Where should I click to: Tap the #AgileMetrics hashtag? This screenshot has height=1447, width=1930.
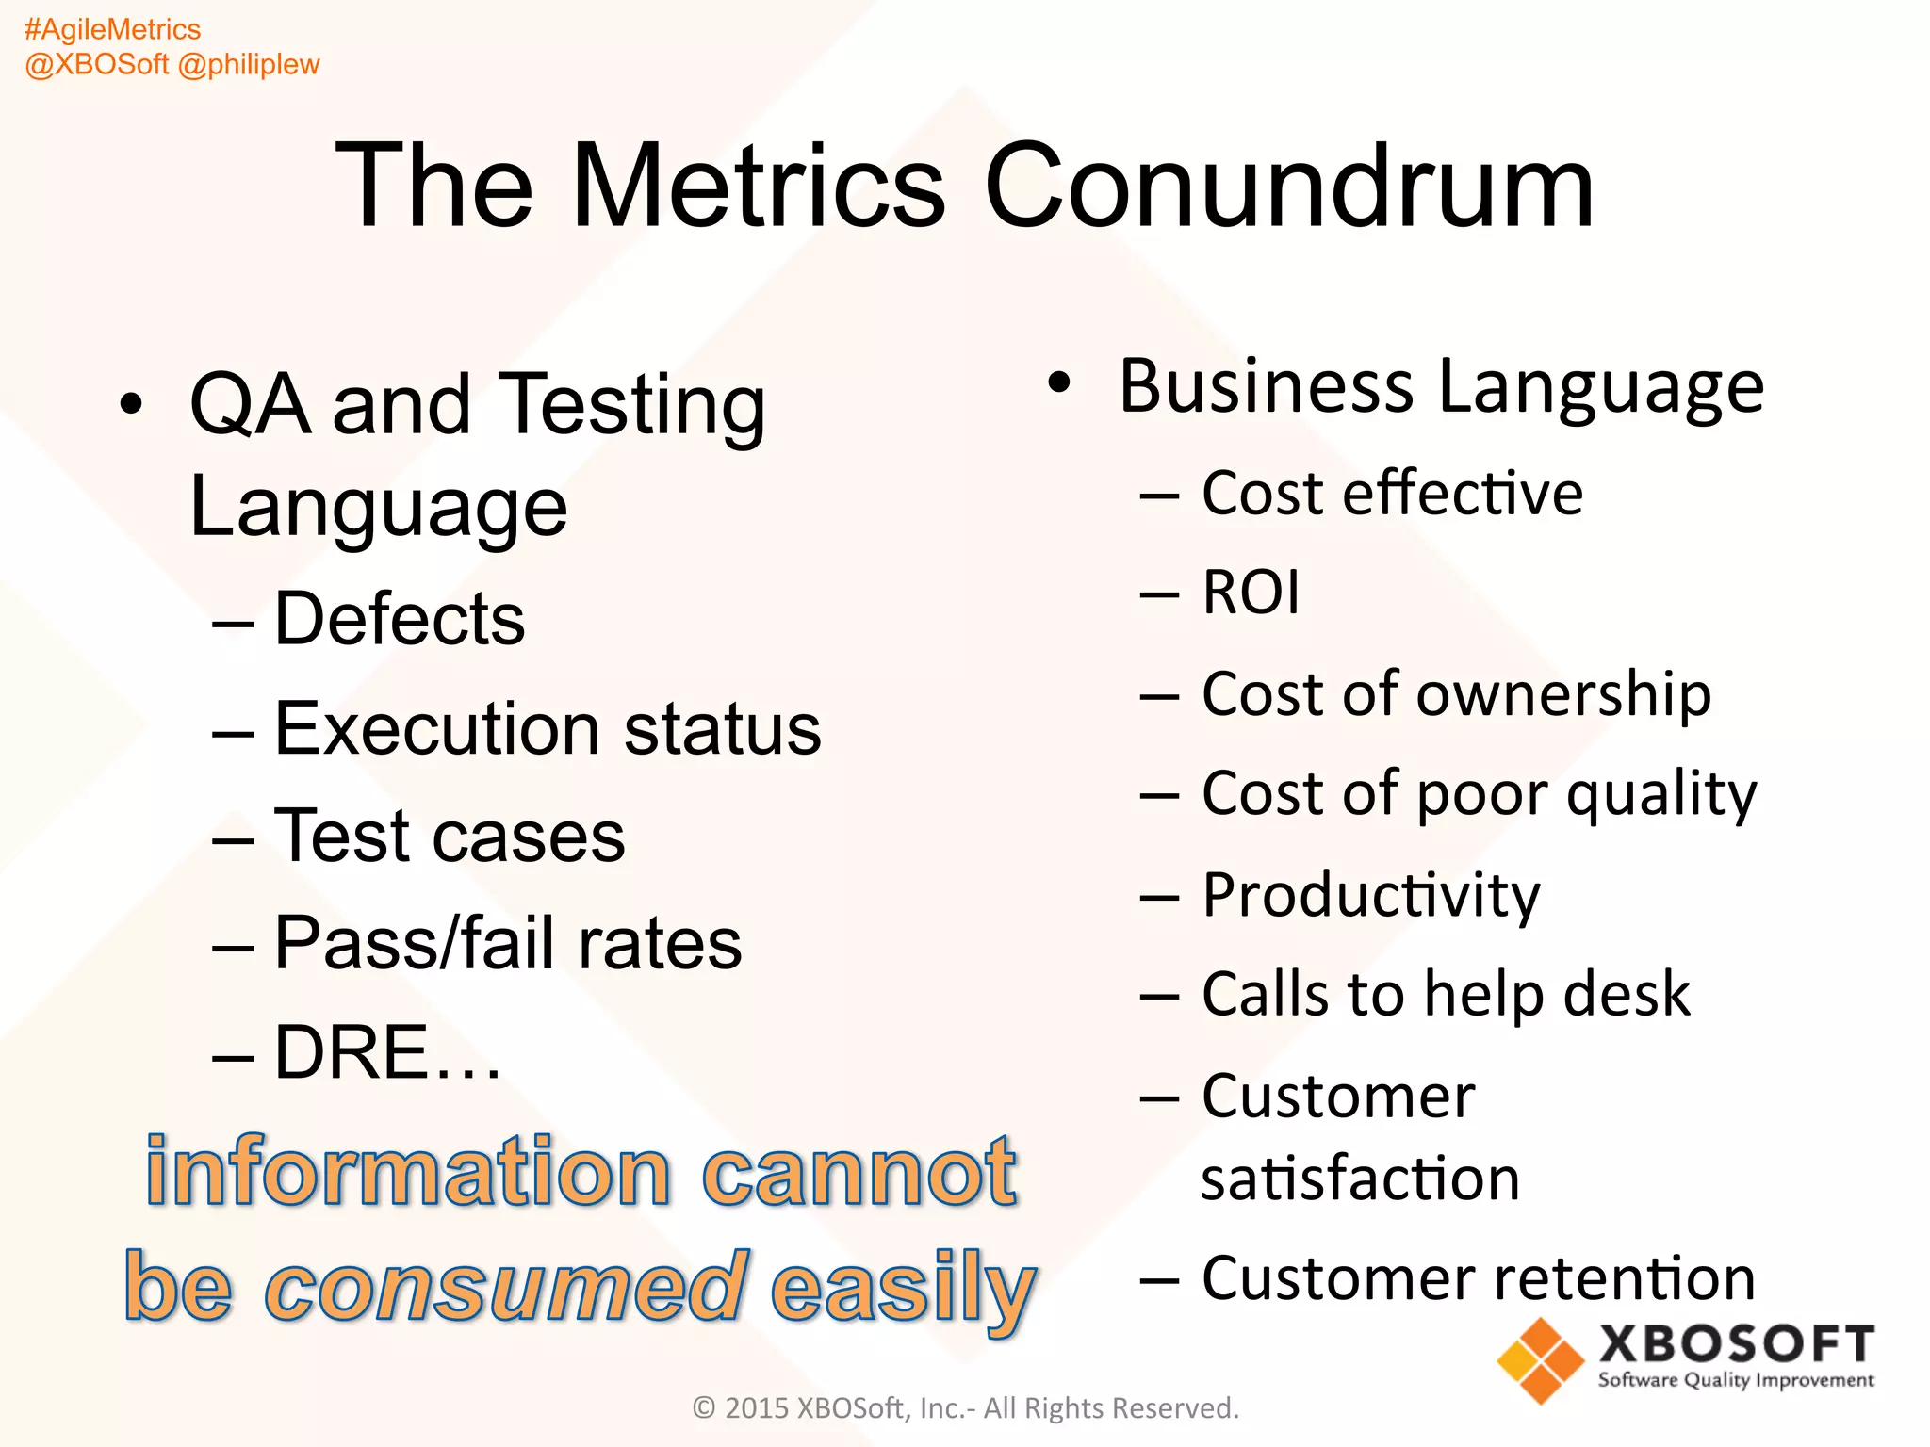[x=112, y=29]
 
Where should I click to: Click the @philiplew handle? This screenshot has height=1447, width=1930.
[x=249, y=64]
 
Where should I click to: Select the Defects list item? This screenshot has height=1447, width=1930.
[x=399, y=619]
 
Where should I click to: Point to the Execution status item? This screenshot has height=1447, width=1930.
[x=547, y=728]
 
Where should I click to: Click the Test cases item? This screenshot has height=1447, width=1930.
[x=449, y=836]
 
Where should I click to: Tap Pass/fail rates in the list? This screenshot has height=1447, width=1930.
[x=507, y=943]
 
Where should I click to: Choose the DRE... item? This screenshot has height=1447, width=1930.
[x=386, y=1052]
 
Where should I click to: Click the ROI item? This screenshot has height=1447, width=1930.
[x=1251, y=593]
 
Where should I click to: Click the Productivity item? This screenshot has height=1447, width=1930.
[x=1371, y=895]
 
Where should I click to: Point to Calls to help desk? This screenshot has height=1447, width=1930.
[x=1446, y=995]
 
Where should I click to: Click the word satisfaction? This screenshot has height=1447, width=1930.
[x=1360, y=1179]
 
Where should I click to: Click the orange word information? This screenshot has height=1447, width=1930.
[x=408, y=1172]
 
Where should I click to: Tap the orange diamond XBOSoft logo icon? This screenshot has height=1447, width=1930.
[x=1540, y=1360]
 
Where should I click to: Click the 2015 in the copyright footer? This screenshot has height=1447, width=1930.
[x=756, y=1407]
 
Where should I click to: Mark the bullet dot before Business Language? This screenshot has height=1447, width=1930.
[x=1060, y=382]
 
